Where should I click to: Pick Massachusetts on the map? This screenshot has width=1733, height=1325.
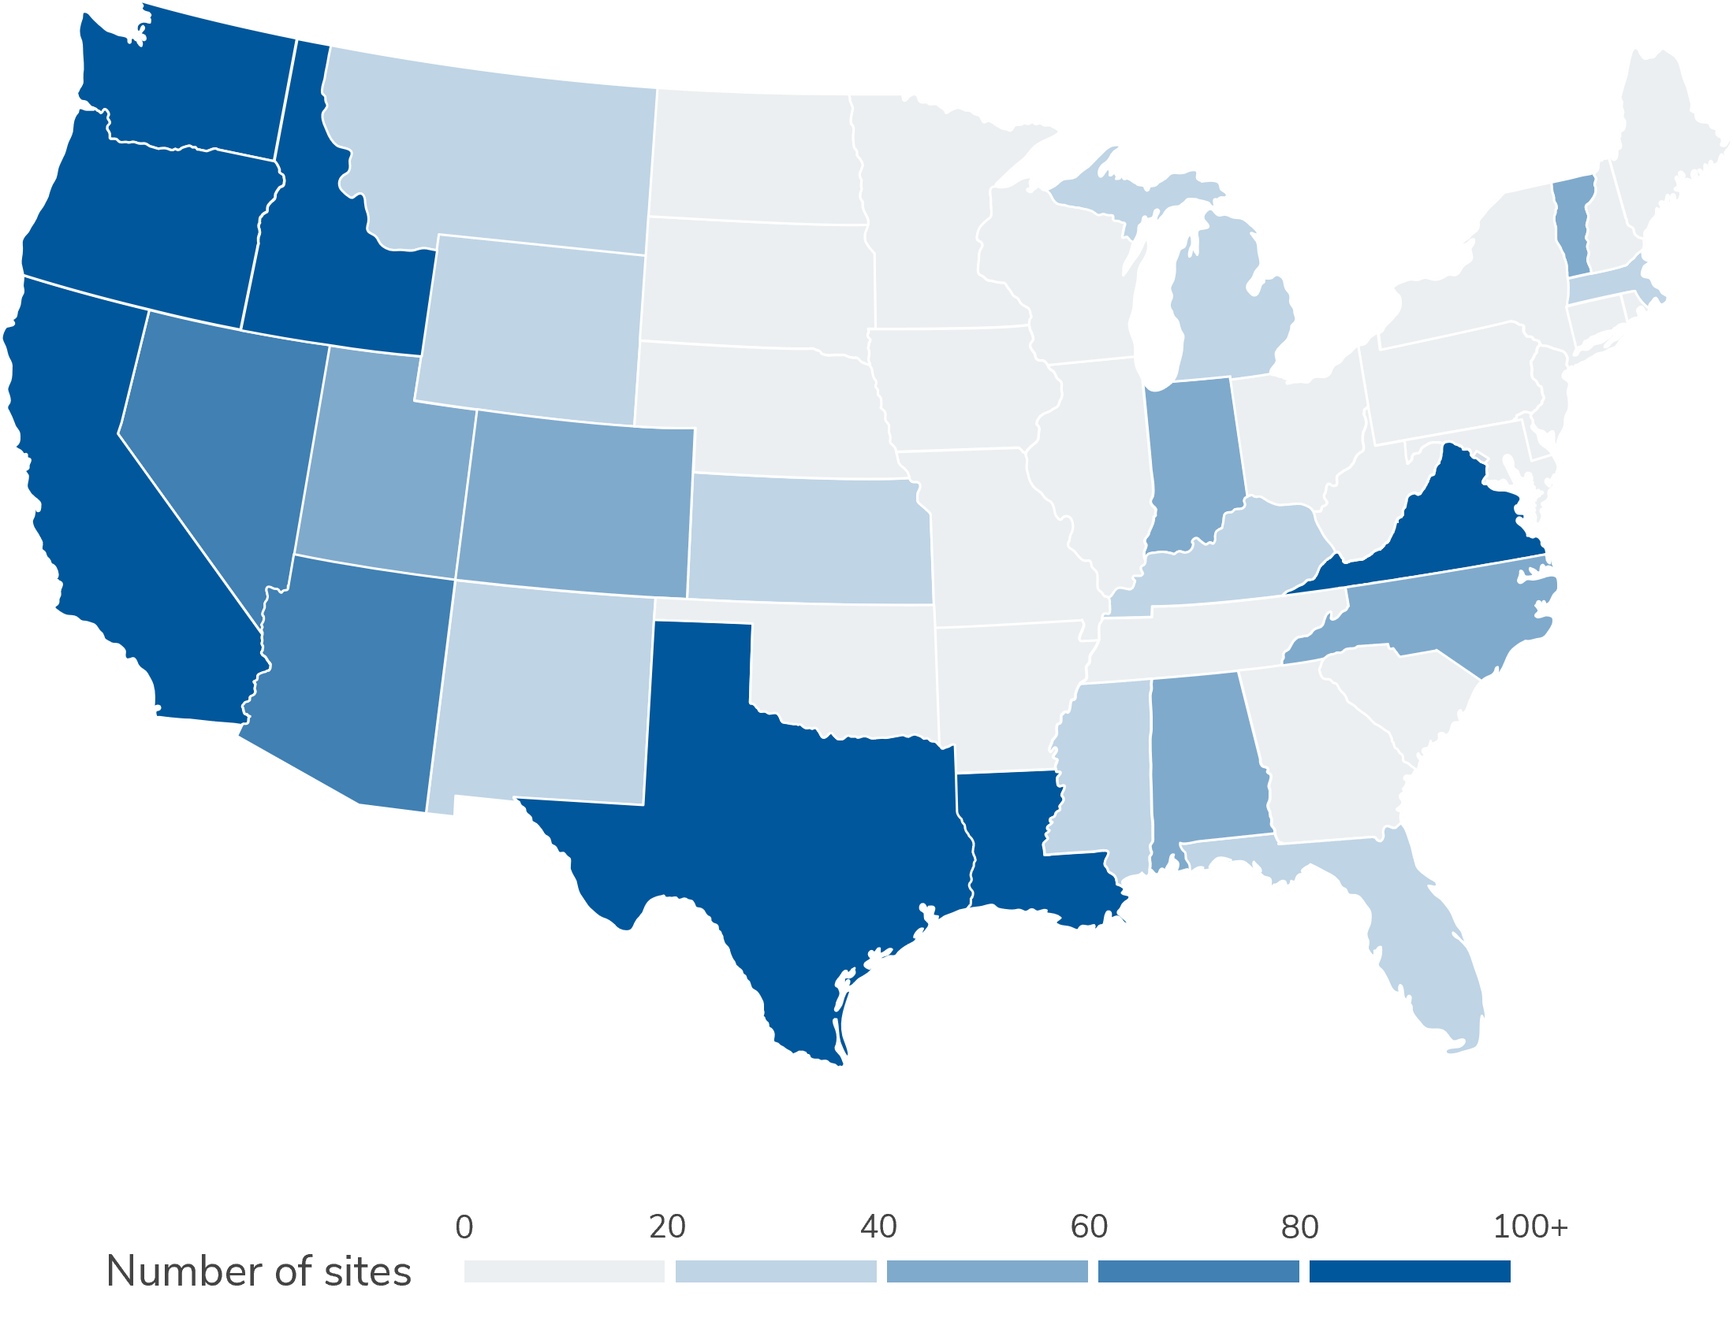click(x=1610, y=285)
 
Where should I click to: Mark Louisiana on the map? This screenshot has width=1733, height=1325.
click(x=1018, y=852)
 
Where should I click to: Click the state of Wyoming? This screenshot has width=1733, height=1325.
click(x=529, y=323)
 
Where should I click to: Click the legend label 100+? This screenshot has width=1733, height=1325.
click(x=1530, y=1227)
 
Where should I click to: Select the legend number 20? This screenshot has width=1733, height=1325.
click(x=667, y=1227)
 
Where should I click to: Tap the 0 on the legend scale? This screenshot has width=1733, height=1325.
click(x=465, y=1227)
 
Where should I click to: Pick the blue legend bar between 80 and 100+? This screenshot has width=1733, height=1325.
click(x=1410, y=1271)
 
